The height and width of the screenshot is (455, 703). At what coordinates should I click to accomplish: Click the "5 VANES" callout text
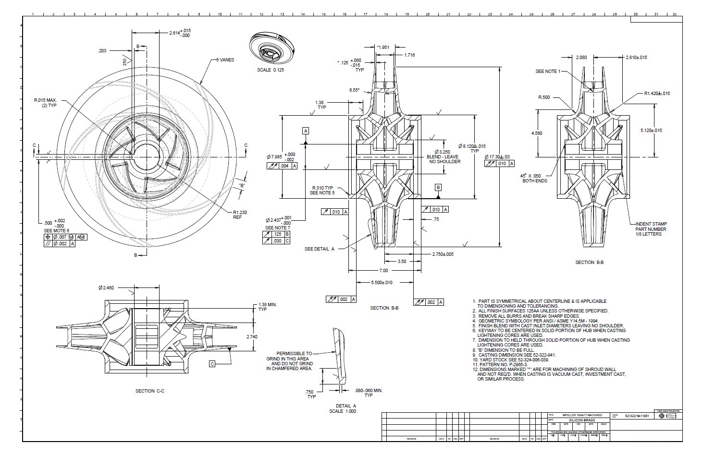pyautogui.click(x=225, y=60)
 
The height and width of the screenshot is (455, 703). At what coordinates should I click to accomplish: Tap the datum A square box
pyautogui.click(x=306, y=131)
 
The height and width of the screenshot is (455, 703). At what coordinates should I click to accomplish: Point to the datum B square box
pyautogui.click(x=438, y=187)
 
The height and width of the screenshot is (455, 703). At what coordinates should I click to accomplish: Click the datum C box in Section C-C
pyautogui.click(x=212, y=364)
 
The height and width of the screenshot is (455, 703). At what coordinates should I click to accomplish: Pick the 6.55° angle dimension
pyautogui.click(x=355, y=90)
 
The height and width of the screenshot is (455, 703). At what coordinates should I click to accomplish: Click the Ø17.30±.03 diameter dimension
pyautogui.click(x=497, y=156)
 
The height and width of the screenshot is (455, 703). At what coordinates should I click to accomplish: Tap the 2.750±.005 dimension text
pyautogui.click(x=443, y=254)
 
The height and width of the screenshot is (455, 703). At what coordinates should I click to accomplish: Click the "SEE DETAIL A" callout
pyautogui.click(x=319, y=249)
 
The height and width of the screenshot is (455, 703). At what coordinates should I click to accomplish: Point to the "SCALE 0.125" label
pyautogui.click(x=271, y=70)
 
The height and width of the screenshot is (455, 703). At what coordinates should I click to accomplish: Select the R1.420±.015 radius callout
pyautogui.click(x=657, y=93)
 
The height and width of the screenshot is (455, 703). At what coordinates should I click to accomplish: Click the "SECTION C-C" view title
pyautogui.click(x=150, y=391)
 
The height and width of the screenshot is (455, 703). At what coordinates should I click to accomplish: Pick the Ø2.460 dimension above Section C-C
pyautogui.click(x=106, y=288)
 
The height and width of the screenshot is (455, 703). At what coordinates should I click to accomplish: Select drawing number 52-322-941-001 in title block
pyautogui.click(x=637, y=416)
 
